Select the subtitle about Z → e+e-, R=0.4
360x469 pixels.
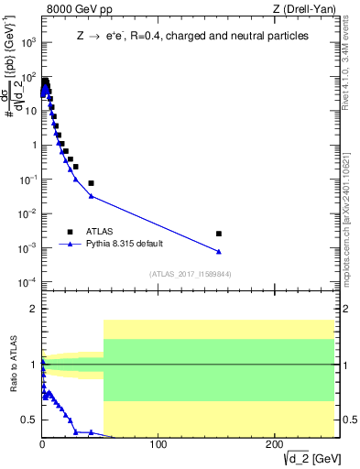pyautogui.click(x=192, y=36)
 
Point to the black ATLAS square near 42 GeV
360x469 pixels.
pyautogui.click(x=91, y=183)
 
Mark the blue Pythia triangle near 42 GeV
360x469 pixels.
pyautogui.click(x=91, y=196)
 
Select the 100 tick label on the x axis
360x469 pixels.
pyautogui.click(x=158, y=445)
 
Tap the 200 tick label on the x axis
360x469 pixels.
pyautogui.click(x=275, y=445)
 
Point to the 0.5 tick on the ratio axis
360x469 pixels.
pyautogui.click(x=30, y=420)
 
